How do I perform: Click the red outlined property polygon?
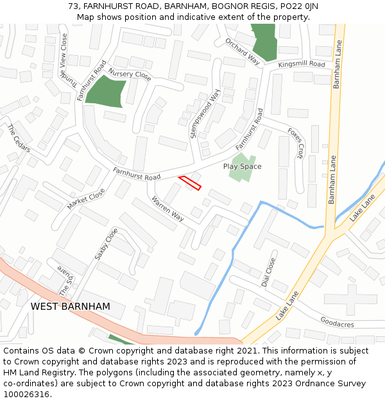190,182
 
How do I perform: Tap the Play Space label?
242,167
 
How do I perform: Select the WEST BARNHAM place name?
70,307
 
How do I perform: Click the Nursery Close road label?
130,74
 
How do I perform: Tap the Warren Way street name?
167,209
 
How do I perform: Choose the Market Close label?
85,199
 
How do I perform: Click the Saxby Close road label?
107,244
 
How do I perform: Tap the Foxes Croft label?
295,143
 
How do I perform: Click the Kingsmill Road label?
302,64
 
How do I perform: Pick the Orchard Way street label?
243,51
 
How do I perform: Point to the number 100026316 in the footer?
28,395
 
